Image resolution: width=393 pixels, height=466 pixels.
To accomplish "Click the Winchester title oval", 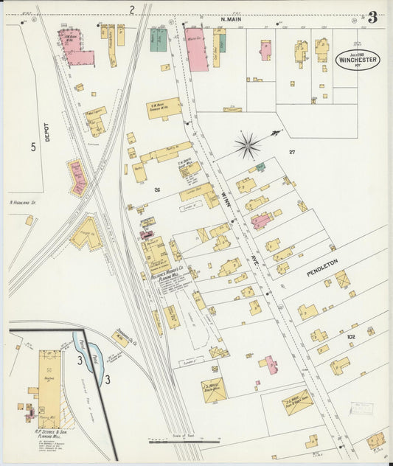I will click(358, 60).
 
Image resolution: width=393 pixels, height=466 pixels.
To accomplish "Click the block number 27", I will click(292, 152).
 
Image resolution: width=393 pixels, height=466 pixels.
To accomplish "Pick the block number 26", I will click(156, 190).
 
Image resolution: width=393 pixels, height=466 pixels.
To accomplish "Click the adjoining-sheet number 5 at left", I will click(32, 147).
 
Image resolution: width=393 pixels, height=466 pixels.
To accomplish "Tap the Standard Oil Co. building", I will click(120, 339).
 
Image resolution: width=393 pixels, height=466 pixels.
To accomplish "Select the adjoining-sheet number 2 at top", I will click(132, 10).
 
